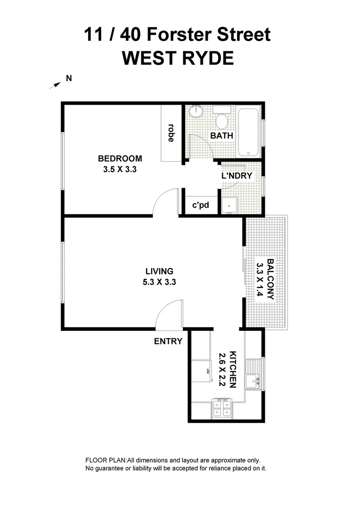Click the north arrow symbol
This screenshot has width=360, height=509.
[x=56, y=85]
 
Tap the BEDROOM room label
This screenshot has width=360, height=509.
[x=120, y=158]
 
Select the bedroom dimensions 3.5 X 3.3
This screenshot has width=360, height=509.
[x=120, y=170]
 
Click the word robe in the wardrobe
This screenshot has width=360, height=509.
[x=171, y=133]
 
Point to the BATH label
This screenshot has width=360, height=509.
[x=221, y=136]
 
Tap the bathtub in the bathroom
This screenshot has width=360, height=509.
[x=248, y=132]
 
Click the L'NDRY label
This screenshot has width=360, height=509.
[x=237, y=176]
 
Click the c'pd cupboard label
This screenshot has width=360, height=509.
[x=200, y=205]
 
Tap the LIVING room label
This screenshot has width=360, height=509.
[x=159, y=271]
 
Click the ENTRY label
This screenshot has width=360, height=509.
[x=168, y=341]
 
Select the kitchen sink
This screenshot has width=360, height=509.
[x=254, y=380]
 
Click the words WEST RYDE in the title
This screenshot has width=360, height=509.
[x=178, y=58]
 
